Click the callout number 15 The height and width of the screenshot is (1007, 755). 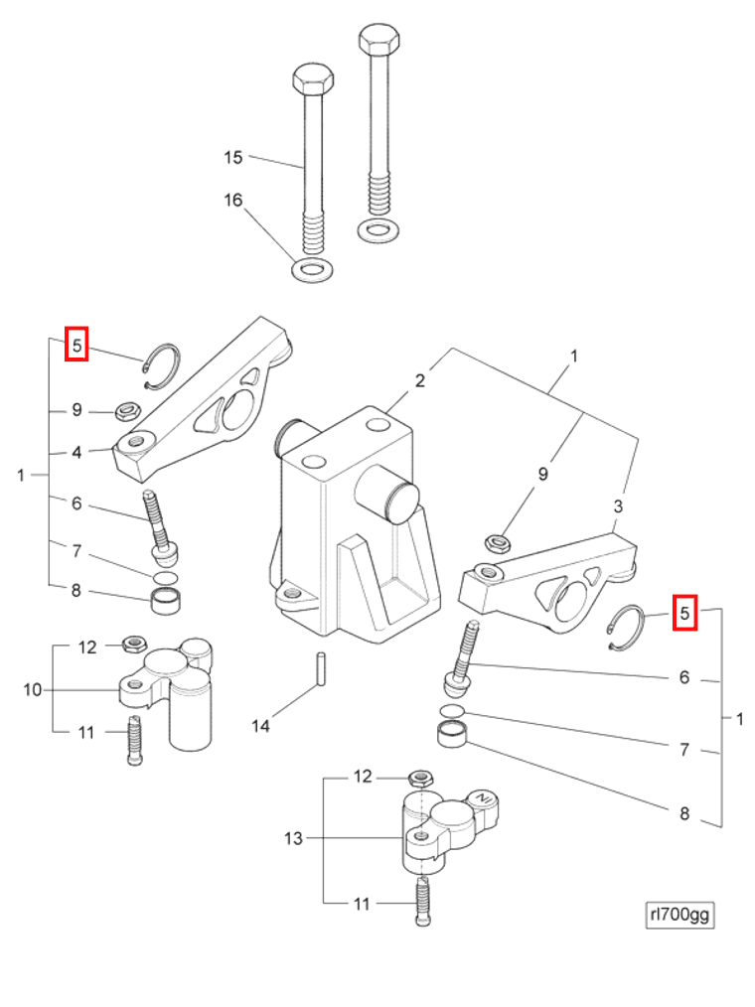tap(232, 157)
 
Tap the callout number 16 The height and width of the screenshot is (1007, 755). tap(232, 201)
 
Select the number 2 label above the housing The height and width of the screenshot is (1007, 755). tap(420, 380)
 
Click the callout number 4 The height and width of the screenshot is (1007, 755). tap(76, 452)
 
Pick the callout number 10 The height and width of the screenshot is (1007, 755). tap(33, 689)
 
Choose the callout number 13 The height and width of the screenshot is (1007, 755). tap(293, 838)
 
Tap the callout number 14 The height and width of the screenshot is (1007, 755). tap(260, 726)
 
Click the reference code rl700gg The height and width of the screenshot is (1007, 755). tap(679, 915)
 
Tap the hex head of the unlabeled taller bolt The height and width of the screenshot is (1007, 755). tap(378, 42)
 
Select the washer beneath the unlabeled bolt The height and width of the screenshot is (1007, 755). tap(375, 230)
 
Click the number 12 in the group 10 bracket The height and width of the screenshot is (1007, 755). tap(87, 647)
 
